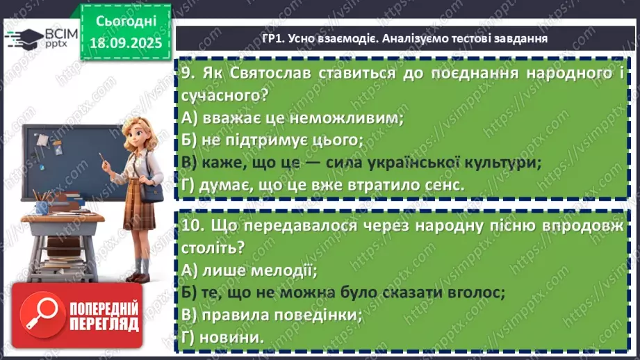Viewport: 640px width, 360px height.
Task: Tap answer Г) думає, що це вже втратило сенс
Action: point(323,185)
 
